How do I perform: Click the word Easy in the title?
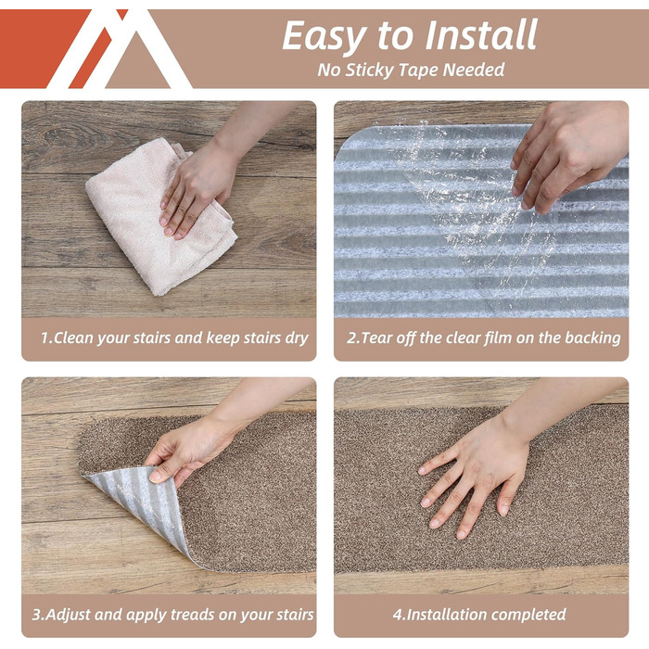325,37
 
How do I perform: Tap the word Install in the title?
481,34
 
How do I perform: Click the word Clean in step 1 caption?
73,337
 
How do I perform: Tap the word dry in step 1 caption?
297,338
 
